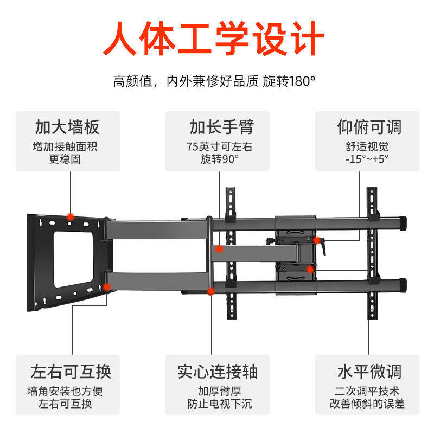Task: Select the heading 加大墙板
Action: pyautogui.click(x=67, y=127)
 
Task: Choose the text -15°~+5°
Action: pyautogui.click(x=367, y=159)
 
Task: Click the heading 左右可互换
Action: pyautogui.click(x=71, y=372)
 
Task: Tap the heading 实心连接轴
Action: pyautogui.click(x=217, y=372)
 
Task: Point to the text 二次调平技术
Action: pyautogui.click(x=367, y=391)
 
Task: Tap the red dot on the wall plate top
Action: pyautogui.click(x=70, y=216)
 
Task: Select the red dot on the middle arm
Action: pyautogui.click(x=219, y=249)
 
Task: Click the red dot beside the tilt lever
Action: pyautogui.click(x=316, y=240)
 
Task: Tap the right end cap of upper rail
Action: pyautogui.click(x=402, y=222)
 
